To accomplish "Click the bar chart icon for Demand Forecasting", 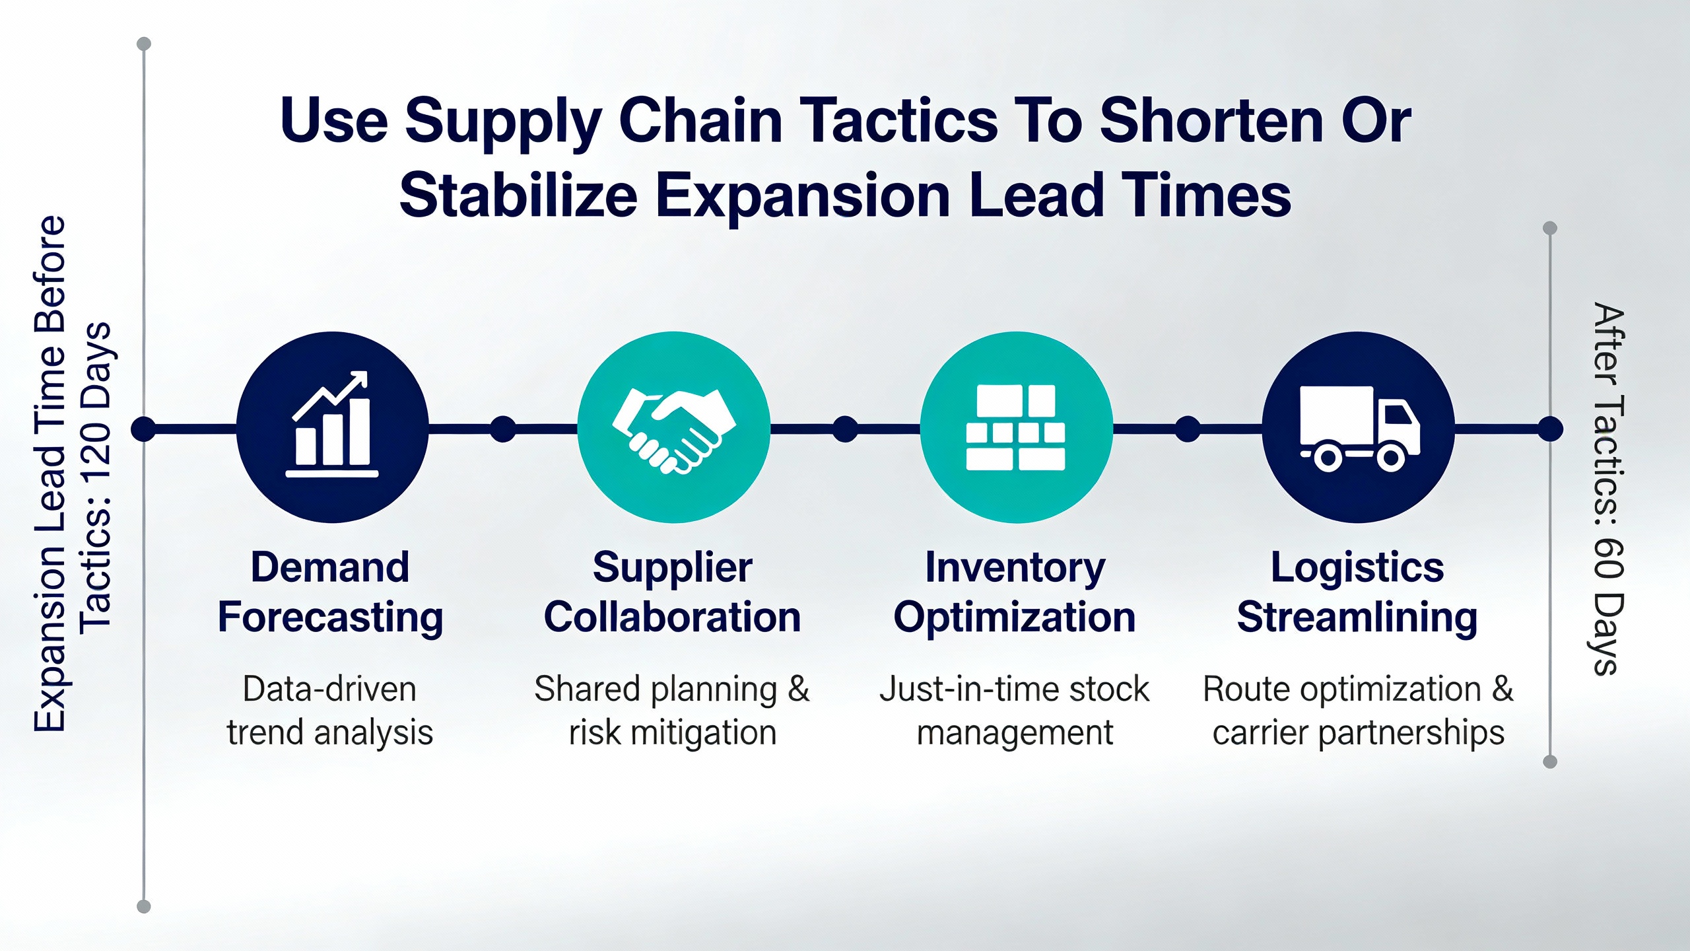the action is (332, 424).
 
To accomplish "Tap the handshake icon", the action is (674, 430).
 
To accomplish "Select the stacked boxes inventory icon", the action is (1015, 427).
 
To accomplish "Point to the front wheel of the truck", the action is (1390, 458).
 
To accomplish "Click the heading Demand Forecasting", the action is (330, 592).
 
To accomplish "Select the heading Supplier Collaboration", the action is (672, 592).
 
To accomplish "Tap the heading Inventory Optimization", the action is (1015, 592).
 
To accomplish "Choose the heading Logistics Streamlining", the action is (1357, 592).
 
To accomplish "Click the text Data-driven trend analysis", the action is (330, 711).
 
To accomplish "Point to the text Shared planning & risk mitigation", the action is (672, 711).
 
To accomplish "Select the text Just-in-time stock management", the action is (1015, 711).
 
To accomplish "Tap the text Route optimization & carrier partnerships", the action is (1358, 711).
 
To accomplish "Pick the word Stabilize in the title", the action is (519, 195).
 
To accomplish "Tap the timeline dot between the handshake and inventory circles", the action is (845, 429).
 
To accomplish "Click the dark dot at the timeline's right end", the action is (1550, 429).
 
